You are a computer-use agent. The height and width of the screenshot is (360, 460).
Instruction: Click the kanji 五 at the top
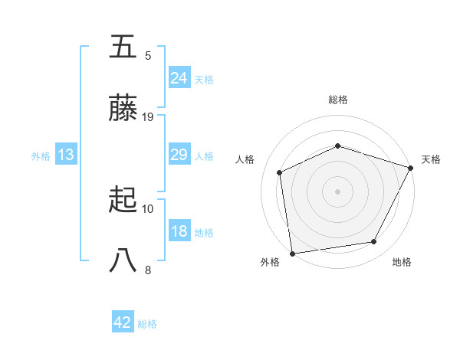click(123, 47)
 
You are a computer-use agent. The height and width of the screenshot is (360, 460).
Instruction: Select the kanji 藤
click(123, 110)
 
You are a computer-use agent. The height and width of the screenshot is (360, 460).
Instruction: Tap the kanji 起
click(123, 201)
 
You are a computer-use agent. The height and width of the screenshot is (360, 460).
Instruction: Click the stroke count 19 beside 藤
click(148, 117)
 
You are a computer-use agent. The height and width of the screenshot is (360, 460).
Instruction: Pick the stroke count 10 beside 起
click(148, 208)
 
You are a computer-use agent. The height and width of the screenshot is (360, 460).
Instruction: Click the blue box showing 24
click(179, 77)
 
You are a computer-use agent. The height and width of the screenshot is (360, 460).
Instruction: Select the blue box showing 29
click(179, 155)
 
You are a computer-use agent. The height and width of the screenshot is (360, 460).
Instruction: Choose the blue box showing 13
click(66, 155)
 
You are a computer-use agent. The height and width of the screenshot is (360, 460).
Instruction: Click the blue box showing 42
click(123, 322)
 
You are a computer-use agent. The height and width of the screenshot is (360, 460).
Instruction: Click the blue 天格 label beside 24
click(204, 79)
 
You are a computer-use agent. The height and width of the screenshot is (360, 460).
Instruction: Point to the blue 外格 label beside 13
click(41, 156)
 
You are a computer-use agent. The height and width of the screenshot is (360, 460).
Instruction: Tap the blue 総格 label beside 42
click(147, 324)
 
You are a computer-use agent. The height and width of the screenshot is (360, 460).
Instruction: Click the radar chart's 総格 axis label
click(338, 100)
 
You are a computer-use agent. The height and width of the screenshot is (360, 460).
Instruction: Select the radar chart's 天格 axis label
click(431, 159)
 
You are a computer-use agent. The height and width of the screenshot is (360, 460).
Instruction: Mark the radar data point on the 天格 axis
click(410, 168)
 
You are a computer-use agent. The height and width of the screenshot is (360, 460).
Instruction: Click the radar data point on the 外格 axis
click(292, 253)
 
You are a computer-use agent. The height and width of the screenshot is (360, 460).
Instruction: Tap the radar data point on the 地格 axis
click(374, 242)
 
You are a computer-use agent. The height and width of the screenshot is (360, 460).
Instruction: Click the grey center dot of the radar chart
click(337, 191)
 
